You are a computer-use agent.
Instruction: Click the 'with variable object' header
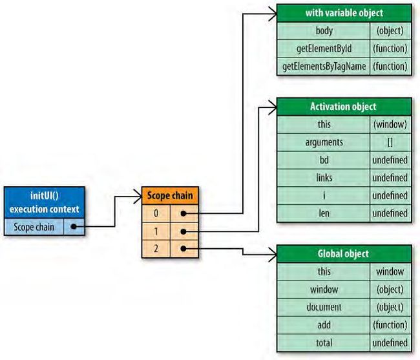coord(344,13)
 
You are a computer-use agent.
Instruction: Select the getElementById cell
coord(324,48)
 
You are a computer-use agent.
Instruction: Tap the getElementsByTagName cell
coord(324,67)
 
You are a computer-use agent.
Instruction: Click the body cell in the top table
coord(324,31)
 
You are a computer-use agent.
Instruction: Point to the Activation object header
coord(344,107)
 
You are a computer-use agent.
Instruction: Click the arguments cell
coord(324,142)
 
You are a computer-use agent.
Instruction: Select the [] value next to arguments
coord(390,142)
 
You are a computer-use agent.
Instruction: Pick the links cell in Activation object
coord(324,178)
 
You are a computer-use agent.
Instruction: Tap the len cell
coord(324,213)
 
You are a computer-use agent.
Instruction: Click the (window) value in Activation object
coord(390,125)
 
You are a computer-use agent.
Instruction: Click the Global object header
coord(344,253)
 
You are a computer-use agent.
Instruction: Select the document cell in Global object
coord(324,307)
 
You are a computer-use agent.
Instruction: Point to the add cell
coord(324,325)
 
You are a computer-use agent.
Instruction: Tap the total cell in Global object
coord(324,343)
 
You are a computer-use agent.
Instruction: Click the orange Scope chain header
coord(170,196)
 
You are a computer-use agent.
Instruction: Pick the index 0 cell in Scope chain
coord(156,213)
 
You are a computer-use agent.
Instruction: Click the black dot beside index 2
coord(184,249)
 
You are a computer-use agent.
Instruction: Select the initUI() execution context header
coord(45,202)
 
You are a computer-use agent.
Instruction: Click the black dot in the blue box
coord(74,227)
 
